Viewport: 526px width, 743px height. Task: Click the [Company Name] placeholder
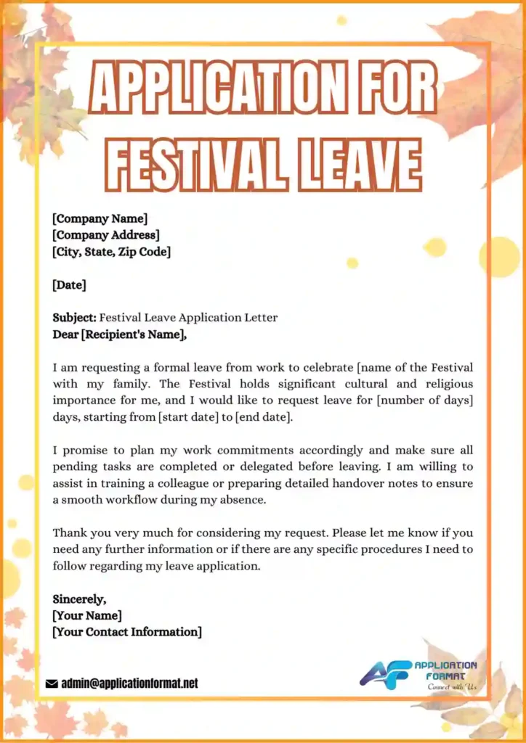tap(100, 218)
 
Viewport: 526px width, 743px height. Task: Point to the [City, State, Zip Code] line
tap(111, 252)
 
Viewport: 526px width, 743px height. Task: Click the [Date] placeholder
tap(69, 285)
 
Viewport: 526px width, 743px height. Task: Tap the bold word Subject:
tap(74, 318)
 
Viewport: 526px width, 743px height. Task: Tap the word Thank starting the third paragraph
tap(69, 533)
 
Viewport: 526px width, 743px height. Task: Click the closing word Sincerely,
tap(79, 599)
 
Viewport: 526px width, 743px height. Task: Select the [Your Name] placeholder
tap(87, 616)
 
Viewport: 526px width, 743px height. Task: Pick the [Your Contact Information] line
tap(127, 632)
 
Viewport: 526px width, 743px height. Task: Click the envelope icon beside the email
tap(52, 684)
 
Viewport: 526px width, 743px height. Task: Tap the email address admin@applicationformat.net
tap(129, 684)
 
